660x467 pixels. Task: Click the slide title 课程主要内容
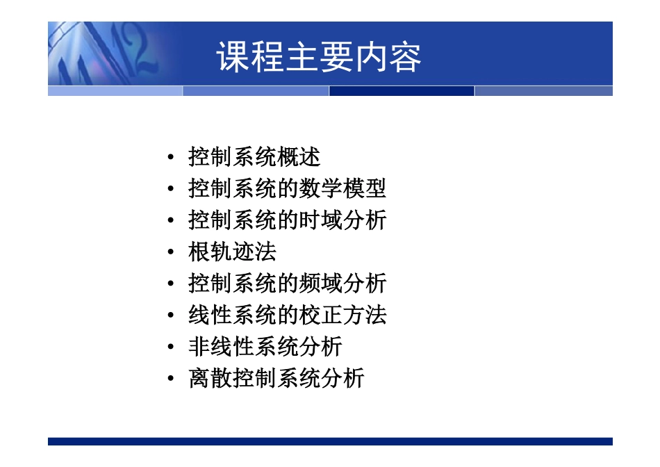click(x=319, y=57)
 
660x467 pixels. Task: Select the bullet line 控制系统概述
click(x=254, y=157)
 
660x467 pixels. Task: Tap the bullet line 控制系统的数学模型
click(x=287, y=189)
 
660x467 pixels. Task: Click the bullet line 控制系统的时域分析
click(x=287, y=220)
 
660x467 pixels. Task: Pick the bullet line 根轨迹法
click(x=232, y=252)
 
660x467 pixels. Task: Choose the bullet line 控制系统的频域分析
click(x=287, y=284)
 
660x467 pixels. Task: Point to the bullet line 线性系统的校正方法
click(x=287, y=315)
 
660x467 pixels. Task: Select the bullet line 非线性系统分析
click(x=265, y=346)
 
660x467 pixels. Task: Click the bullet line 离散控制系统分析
click(x=276, y=378)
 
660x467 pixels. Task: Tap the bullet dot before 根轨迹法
click(x=171, y=253)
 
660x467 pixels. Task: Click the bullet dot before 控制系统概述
click(x=171, y=158)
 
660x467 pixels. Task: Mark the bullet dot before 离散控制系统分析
click(x=171, y=379)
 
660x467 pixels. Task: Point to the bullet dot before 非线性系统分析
click(x=171, y=347)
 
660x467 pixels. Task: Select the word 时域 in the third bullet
click(x=320, y=220)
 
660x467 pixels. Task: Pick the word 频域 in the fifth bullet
click(x=320, y=284)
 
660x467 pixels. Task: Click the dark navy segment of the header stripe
click(x=402, y=91)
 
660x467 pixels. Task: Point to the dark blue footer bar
click(x=330, y=441)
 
